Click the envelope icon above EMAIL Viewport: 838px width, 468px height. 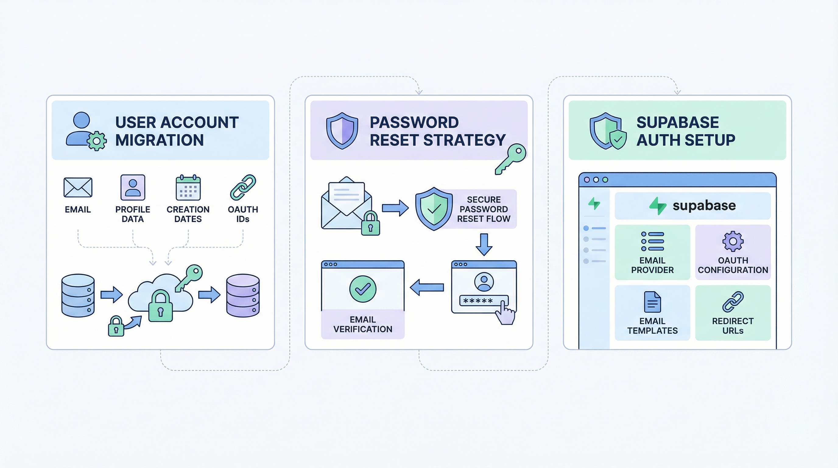click(x=78, y=187)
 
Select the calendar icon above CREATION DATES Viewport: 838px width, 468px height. click(x=188, y=187)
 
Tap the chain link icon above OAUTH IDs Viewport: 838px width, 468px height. click(x=243, y=187)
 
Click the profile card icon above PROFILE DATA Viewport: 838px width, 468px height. click(x=133, y=187)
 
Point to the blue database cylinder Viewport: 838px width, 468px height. click(x=78, y=295)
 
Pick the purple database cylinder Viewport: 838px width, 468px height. click(x=243, y=295)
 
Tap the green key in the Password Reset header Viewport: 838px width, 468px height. click(x=511, y=159)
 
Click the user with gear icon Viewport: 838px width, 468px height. click(x=86, y=131)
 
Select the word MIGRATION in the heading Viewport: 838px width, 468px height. click(x=159, y=140)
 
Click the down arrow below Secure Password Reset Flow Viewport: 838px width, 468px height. click(x=484, y=244)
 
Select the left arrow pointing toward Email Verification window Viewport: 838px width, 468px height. click(x=427, y=287)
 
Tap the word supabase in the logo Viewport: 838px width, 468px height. click(x=704, y=206)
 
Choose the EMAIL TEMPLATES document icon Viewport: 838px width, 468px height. click(x=652, y=302)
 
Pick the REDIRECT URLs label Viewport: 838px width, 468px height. click(x=733, y=326)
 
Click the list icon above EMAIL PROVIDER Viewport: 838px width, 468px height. click(x=652, y=241)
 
